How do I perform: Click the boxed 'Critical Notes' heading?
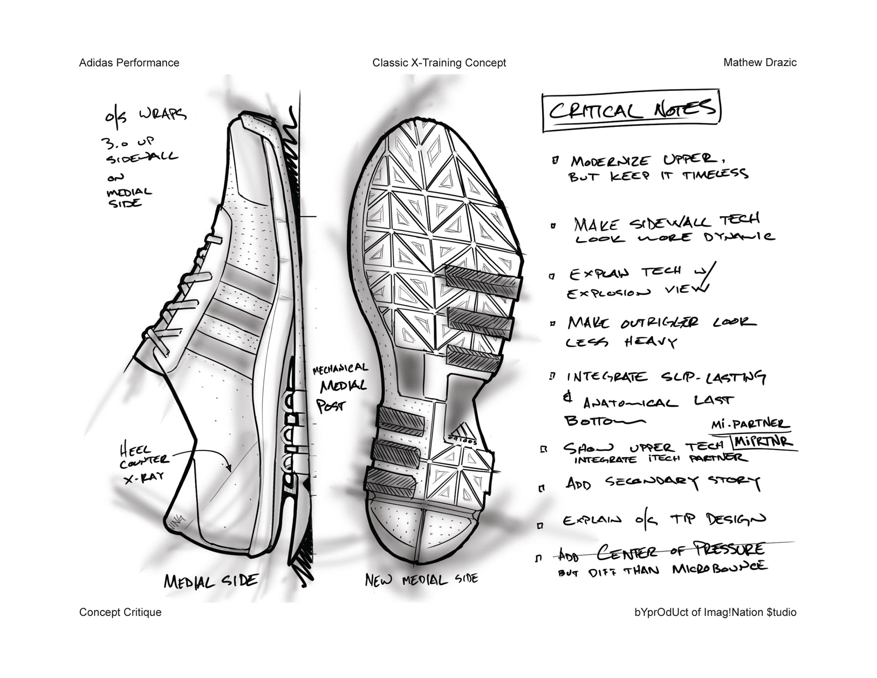coord(631,111)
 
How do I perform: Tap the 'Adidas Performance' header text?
coord(129,63)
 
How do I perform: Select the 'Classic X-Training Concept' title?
coord(439,63)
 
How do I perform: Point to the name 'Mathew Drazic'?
coord(760,63)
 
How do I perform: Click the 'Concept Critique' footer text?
coord(120,612)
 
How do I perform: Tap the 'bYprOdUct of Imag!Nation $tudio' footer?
coord(715,612)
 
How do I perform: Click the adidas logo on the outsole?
coord(463,434)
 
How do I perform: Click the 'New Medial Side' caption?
coord(421,580)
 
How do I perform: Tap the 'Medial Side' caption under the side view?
coord(211,581)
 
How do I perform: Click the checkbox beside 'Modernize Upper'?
coord(555,160)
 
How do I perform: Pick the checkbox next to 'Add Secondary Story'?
coord(542,488)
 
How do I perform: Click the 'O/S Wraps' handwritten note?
coord(145,115)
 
